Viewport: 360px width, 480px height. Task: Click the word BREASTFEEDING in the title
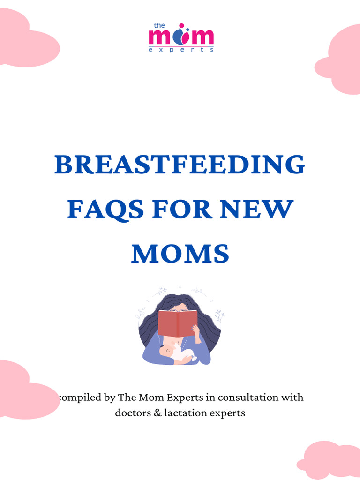point(180,165)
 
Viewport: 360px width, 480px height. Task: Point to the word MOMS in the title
point(180,254)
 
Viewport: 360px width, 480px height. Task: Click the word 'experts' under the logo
point(181,49)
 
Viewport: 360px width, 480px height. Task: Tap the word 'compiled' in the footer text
point(79,398)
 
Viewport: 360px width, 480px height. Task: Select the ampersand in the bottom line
point(157,414)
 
